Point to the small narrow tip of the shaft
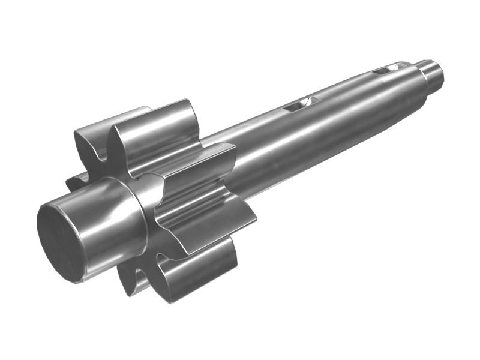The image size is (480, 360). [432, 72]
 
